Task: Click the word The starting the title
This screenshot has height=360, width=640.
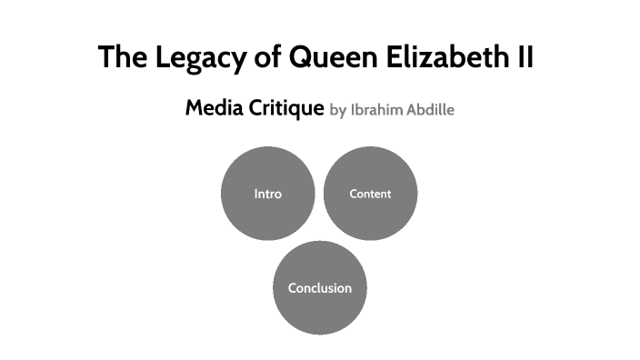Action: (122, 57)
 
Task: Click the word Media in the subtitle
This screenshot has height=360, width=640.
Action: (213, 108)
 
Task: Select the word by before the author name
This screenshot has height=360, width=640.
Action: (337, 111)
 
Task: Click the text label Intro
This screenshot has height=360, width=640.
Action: (268, 194)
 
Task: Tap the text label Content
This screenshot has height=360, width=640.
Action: (370, 194)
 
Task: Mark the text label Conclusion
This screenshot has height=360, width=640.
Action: (319, 288)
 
